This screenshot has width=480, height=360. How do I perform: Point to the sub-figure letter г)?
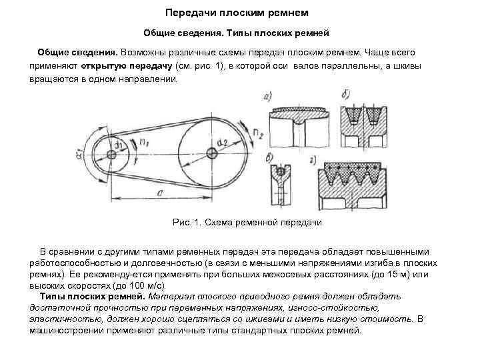pos(314,159)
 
